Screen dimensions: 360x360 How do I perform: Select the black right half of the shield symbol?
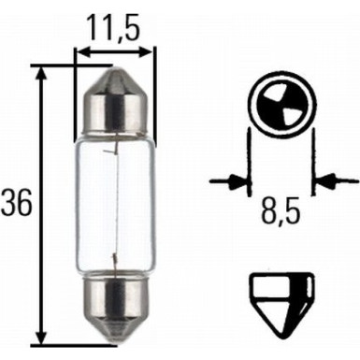[293, 292]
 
